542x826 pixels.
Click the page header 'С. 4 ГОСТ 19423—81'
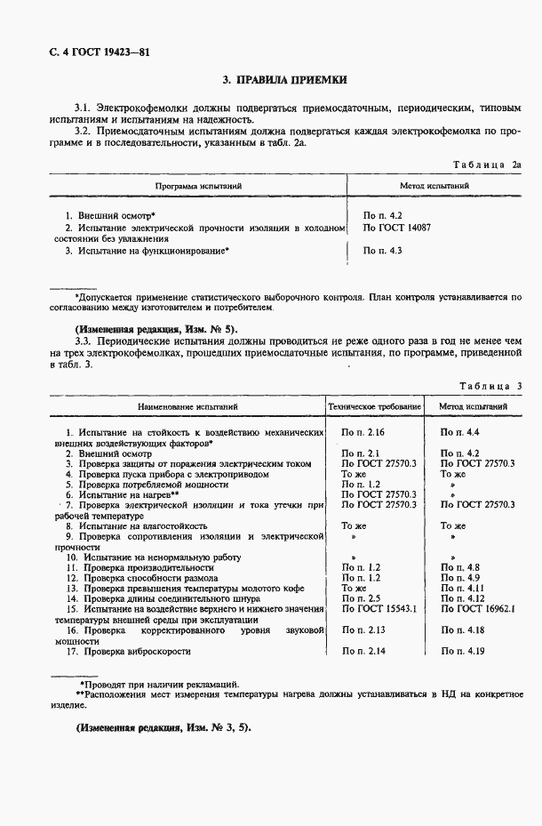coord(86,52)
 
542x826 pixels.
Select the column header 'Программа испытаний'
coord(198,187)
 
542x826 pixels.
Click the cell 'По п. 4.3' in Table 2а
coord(383,251)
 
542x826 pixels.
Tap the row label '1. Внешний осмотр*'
coord(111,216)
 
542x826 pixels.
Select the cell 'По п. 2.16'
coord(364,431)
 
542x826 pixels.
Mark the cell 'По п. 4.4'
coord(460,431)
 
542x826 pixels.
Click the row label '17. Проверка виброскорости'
coord(128,652)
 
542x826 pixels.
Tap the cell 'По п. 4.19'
coord(462,652)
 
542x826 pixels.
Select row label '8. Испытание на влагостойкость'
coord(136,526)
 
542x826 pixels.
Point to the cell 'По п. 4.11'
coord(462,589)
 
